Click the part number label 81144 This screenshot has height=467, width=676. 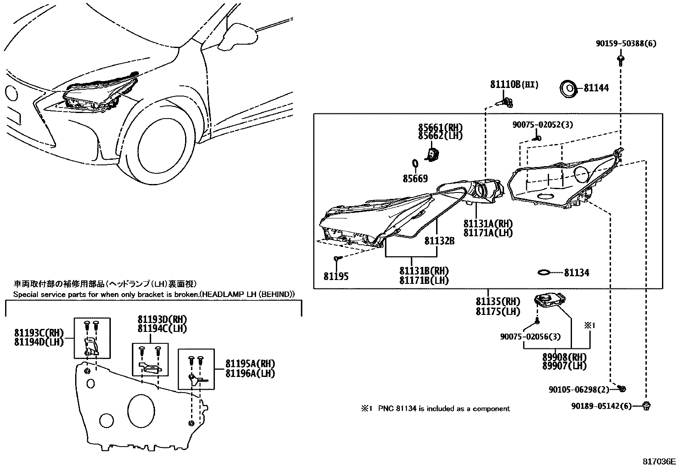click(596, 88)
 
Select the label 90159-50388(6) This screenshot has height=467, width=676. click(626, 43)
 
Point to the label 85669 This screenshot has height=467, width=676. click(415, 178)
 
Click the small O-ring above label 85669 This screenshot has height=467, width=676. click(415, 164)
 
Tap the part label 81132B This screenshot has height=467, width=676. click(439, 241)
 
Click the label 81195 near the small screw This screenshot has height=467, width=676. click(336, 276)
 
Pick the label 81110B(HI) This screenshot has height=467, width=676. click(514, 85)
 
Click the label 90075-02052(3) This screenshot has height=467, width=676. click(543, 125)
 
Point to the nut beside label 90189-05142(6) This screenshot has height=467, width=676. click(646, 406)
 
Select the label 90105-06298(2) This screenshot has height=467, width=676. click(579, 390)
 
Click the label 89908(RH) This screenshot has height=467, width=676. click(564, 357)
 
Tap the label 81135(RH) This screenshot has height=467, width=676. click(498, 301)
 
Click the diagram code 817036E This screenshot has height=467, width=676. click(659, 461)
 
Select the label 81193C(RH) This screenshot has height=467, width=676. click(39, 333)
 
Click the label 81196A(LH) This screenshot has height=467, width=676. click(250, 374)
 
